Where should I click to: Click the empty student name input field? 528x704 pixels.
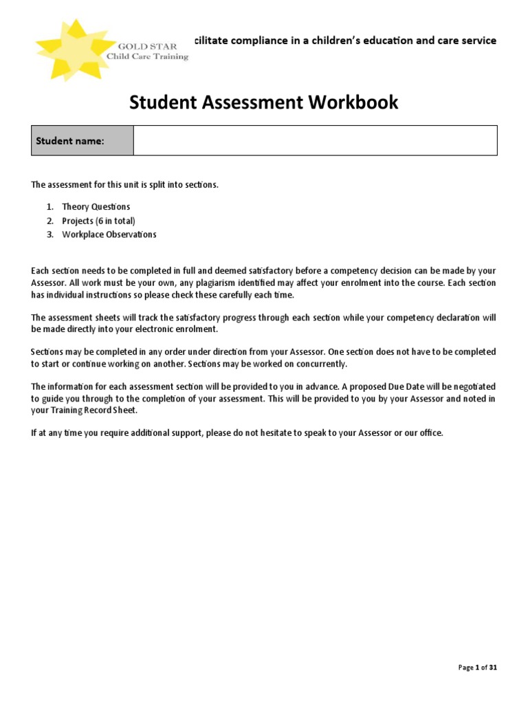tap(315, 141)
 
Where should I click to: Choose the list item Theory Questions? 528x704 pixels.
tap(96, 207)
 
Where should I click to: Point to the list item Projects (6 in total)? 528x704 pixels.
tap(98, 221)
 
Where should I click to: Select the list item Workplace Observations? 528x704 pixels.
tap(109, 234)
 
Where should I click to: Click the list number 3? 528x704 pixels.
tap(49, 234)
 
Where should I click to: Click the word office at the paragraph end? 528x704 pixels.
tap(430, 433)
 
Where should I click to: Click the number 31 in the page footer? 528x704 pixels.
tap(492, 668)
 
